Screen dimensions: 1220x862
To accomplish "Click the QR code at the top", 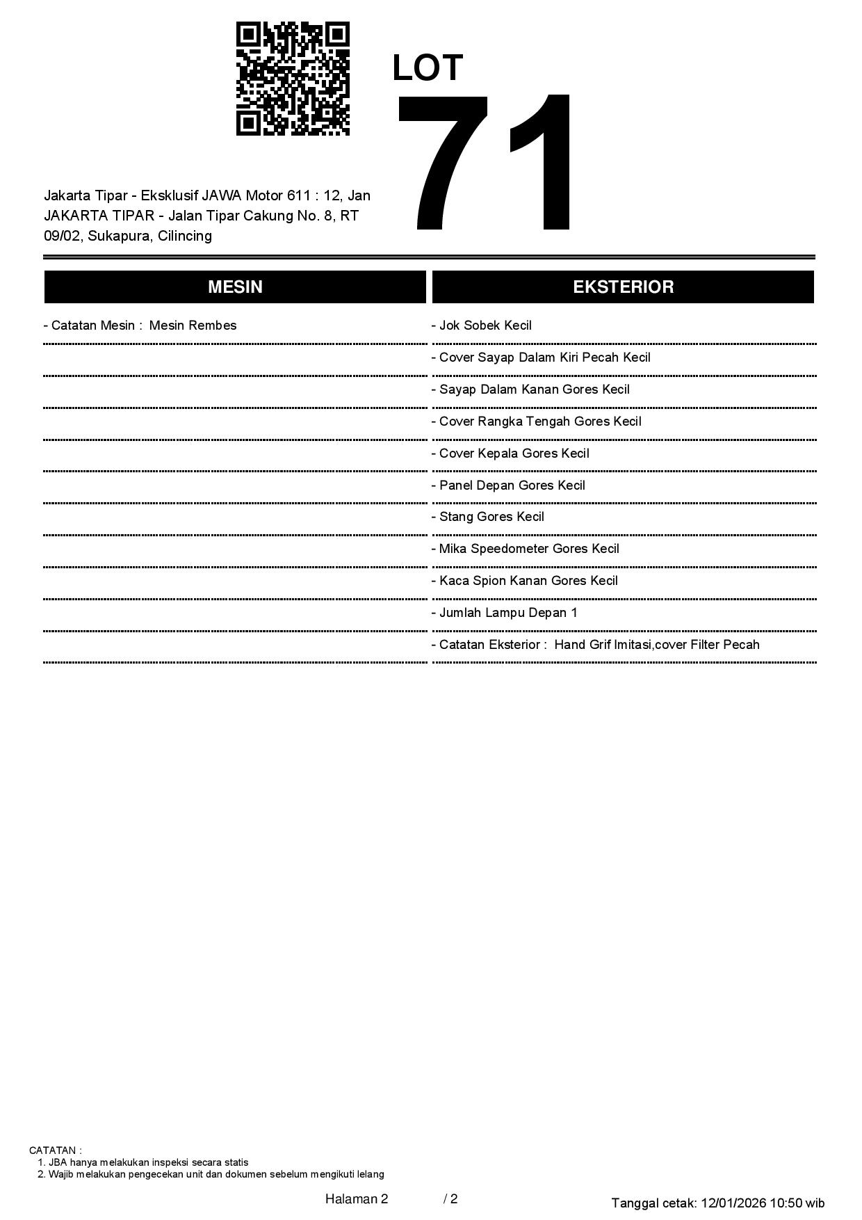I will click(293, 79).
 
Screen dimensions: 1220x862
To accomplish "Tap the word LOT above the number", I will click(428, 68).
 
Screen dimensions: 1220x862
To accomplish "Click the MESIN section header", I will click(235, 287).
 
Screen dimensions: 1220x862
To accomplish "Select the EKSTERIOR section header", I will click(623, 287).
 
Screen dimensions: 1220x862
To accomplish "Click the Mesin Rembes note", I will click(193, 326).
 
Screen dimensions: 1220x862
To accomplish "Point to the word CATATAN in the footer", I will click(54, 1150).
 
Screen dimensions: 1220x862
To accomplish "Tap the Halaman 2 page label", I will click(357, 1199).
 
